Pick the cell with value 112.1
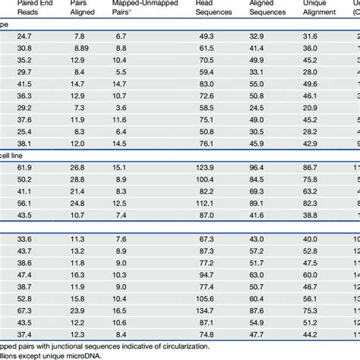(206, 203)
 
